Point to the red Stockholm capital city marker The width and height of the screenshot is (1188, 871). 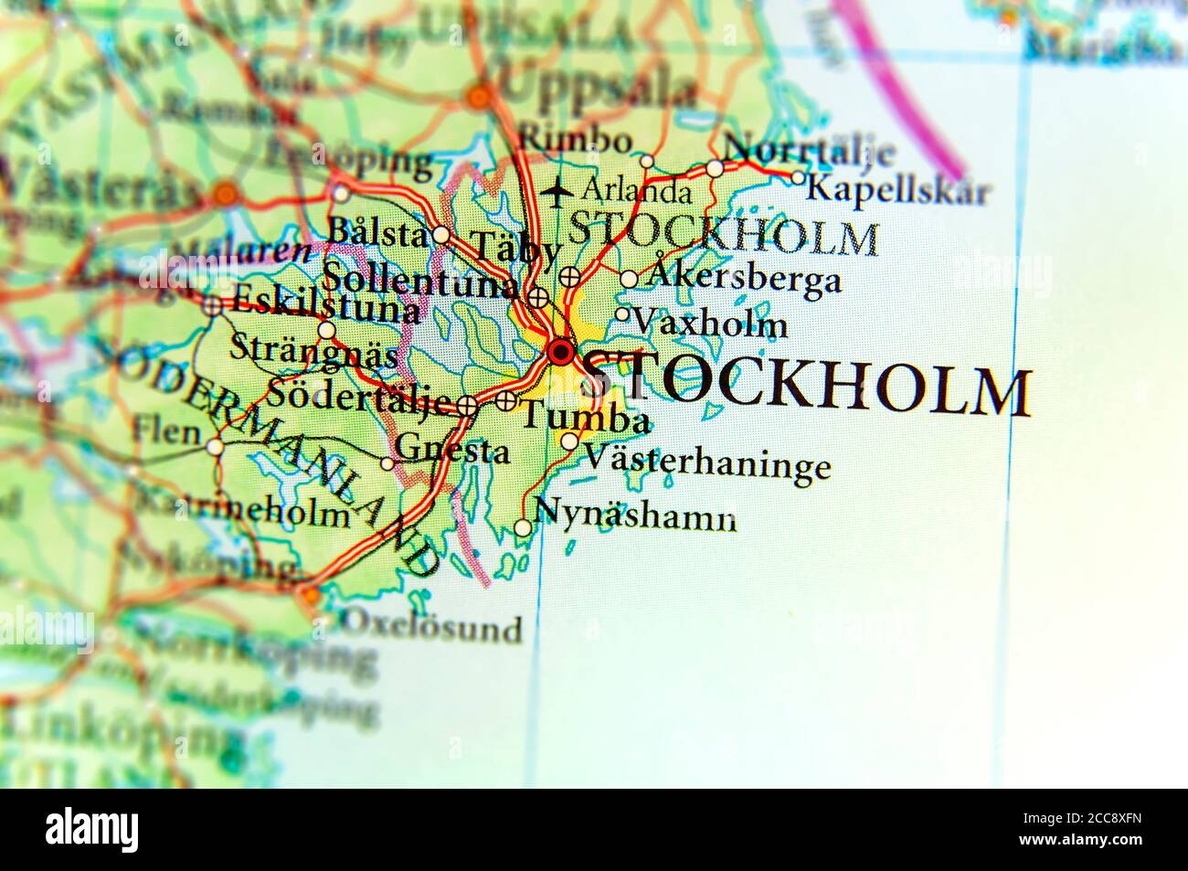(560, 352)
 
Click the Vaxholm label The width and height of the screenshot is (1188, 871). (709, 324)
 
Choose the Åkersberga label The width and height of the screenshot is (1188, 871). (743, 278)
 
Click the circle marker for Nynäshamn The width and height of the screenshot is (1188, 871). (522, 527)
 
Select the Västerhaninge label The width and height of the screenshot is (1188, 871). (707, 462)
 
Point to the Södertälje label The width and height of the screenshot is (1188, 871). (358, 398)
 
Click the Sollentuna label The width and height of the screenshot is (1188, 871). (420, 278)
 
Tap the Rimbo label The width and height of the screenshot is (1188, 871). (575, 141)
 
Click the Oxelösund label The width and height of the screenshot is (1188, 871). (431, 628)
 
